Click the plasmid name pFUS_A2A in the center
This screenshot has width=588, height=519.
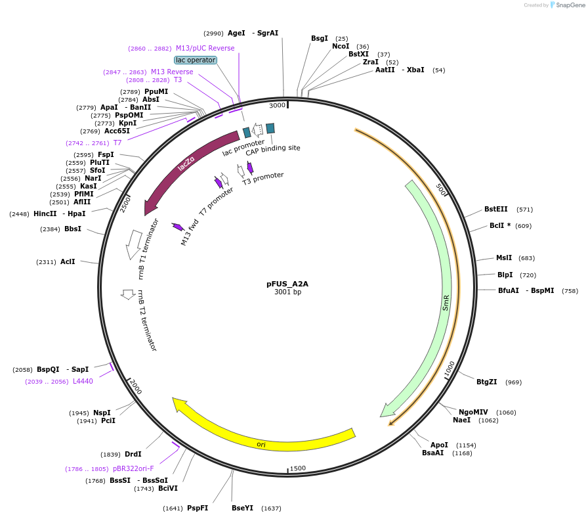tap(287, 284)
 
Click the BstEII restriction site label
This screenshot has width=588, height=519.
tap(496, 210)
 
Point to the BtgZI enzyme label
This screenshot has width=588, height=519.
tap(486, 382)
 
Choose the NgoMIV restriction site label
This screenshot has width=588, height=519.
tap(473, 412)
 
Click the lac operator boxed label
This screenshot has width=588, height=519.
tap(196, 60)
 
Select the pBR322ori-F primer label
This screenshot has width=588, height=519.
tap(133, 468)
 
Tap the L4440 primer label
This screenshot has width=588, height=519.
tap(83, 381)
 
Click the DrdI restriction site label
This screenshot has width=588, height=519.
tap(133, 454)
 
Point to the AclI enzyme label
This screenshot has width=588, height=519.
tap(68, 261)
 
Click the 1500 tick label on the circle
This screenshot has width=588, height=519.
tap(298, 468)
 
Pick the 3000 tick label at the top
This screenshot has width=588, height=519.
tap(278, 105)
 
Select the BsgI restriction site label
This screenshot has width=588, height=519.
tap(320, 38)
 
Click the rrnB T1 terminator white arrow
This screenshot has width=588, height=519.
tap(135, 244)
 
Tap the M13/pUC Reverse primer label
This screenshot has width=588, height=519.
tap(205, 48)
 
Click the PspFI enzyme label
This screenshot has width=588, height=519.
tap(198, 508)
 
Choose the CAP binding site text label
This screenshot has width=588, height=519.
tap(273, 148)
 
